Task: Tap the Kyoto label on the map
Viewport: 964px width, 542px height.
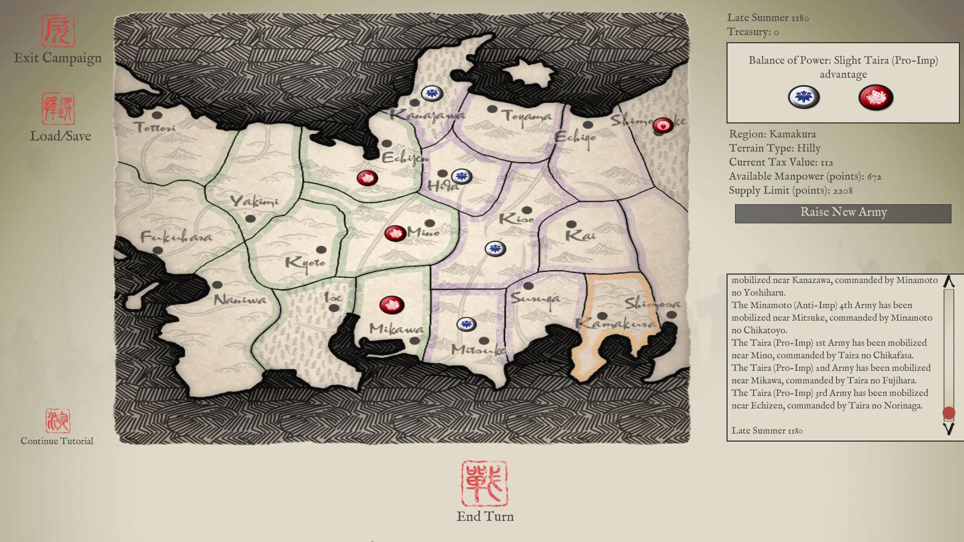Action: tap(305, 262)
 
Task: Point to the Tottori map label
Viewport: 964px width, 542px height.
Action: tap(155, 127)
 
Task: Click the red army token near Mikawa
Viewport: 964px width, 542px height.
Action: tap(392, 305)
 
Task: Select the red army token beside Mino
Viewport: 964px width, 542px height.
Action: tap(395, 233)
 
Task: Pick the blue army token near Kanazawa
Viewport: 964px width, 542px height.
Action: tap(432, 93)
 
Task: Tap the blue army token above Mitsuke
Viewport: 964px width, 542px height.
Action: tap(466, 324)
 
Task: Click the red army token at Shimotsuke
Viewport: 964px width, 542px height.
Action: tap(663, 125)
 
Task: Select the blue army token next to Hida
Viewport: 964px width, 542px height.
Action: tap(461, 176)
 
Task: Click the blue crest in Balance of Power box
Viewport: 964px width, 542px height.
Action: tap(803, 97)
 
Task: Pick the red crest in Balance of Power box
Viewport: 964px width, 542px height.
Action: tap(876, 97)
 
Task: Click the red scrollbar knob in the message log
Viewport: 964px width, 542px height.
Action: tap(948, 413)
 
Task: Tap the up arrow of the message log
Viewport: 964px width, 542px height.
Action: tap(948, 282)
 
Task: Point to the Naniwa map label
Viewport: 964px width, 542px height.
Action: tap(240, 300)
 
